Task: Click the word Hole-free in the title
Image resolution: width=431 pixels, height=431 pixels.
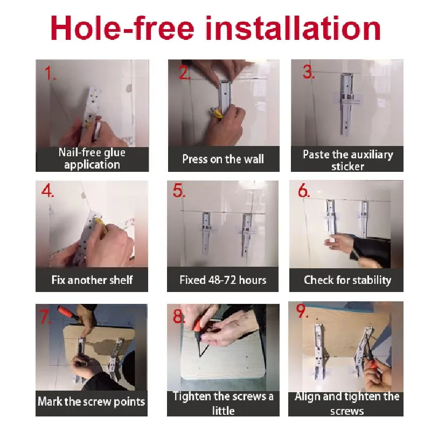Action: tap(122, 27)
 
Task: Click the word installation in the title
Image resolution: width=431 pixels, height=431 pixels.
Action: tap(293, 27)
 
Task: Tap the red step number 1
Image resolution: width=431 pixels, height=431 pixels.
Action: tap(50, 73)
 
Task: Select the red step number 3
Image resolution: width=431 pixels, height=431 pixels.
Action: tap(308, 72)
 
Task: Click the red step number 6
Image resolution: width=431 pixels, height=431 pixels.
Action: tap(304, 190)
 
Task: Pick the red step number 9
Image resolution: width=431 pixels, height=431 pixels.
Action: tap(302, 311)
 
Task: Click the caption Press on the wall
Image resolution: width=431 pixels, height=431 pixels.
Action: tap(223, 159)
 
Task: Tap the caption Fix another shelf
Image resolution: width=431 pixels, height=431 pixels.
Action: tap(92, 280)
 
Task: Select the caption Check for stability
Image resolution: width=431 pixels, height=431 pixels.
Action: tap(347, 280)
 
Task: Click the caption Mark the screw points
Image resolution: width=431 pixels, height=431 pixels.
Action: tap(91, 401)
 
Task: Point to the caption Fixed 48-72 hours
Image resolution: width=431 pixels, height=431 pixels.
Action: tap(223, 280)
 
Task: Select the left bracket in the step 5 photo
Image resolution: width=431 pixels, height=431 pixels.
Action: tap(206, 232)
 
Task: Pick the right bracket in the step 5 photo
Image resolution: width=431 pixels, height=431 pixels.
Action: tap(246, 235)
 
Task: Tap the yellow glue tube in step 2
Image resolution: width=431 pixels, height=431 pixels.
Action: tap(217, 113)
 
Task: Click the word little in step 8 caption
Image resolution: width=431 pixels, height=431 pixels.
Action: tap(223, 411)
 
